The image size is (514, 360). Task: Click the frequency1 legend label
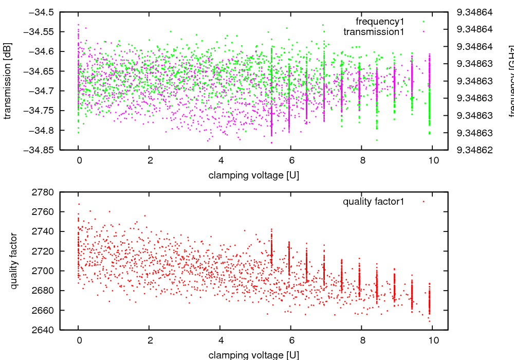[380, 22]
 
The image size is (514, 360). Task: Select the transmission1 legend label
[374, 32]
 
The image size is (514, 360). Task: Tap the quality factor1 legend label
[374, 202]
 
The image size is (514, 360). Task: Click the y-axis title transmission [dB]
[8, 81]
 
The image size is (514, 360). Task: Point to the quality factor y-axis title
[14, 261]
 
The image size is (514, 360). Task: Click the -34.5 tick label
[39, 12]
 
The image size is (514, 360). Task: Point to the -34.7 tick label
[39, 91]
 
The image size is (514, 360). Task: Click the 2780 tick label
[44, 192]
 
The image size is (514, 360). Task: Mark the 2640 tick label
[44, 330]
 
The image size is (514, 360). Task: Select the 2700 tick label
[44, 271]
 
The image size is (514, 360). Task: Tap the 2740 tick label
[44, 231]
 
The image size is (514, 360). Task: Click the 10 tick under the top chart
[433, 160]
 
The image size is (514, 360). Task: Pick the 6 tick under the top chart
[291, 160]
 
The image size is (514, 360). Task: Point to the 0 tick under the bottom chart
[78, 340]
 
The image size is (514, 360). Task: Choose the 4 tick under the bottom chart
[220, 340]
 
